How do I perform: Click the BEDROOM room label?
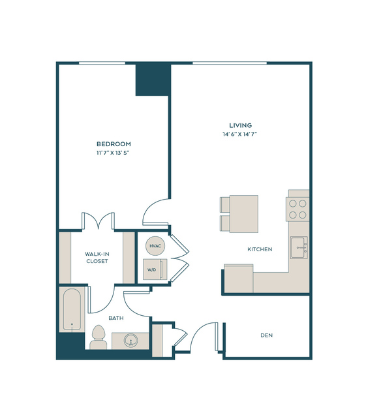(114, 144)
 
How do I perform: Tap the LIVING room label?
(241, 125)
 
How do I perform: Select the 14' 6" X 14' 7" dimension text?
(239, 134)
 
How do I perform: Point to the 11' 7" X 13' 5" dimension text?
(113, 153)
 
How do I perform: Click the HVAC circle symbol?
(155, 246)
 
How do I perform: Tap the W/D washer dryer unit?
(155, 270)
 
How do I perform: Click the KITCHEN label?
(260, 249)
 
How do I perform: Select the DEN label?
(266, 335)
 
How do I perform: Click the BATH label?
(116, 318)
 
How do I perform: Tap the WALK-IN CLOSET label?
(97, 258)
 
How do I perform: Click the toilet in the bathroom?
(99, 337)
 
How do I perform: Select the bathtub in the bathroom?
(72, 310)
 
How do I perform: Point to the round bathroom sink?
(130, 341)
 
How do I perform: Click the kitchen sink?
(299, 247)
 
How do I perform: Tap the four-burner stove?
(297, 209)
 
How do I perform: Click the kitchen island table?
(244, 214)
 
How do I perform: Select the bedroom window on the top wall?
(102, 63)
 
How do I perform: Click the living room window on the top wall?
(230, 63)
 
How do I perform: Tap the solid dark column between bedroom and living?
(153, 80)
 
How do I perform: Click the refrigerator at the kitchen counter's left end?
(238, 279)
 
